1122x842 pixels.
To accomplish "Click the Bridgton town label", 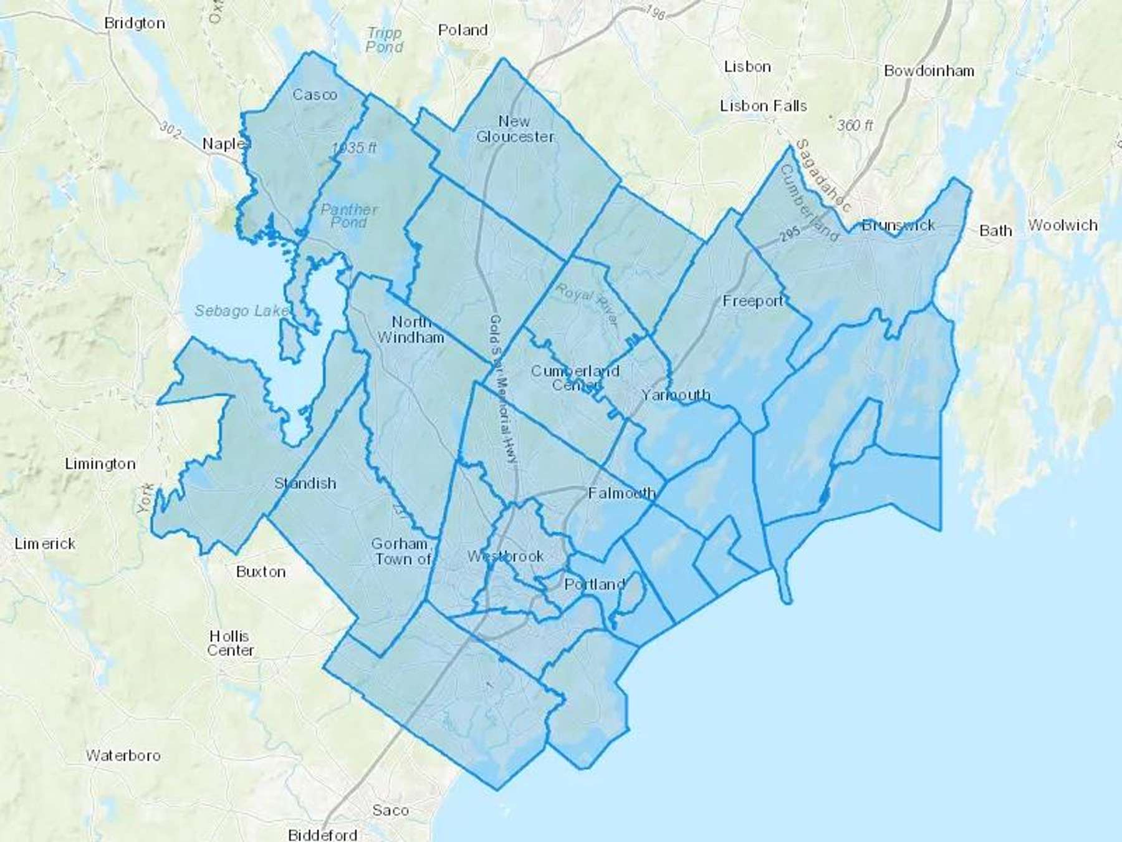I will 135,24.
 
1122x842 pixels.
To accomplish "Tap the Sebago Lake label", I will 241,311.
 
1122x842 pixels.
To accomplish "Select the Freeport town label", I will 753,301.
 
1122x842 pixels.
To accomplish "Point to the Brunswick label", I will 898,225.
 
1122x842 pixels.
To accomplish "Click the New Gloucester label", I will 515,128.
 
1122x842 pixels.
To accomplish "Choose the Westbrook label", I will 506,556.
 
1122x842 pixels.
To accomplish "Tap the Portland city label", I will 594,584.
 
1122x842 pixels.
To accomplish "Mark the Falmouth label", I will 621,493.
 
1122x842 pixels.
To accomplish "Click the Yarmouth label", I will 676,395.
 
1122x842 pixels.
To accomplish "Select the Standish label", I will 305,483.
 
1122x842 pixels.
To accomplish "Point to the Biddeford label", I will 322,834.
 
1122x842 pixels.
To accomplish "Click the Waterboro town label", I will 123,756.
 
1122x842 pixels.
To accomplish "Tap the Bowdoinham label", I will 929,71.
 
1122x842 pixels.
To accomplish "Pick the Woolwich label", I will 1063,225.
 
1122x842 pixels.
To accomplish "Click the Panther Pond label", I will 349,216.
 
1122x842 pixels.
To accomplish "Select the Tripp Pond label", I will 384,39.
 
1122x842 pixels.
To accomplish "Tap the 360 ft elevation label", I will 855,125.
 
